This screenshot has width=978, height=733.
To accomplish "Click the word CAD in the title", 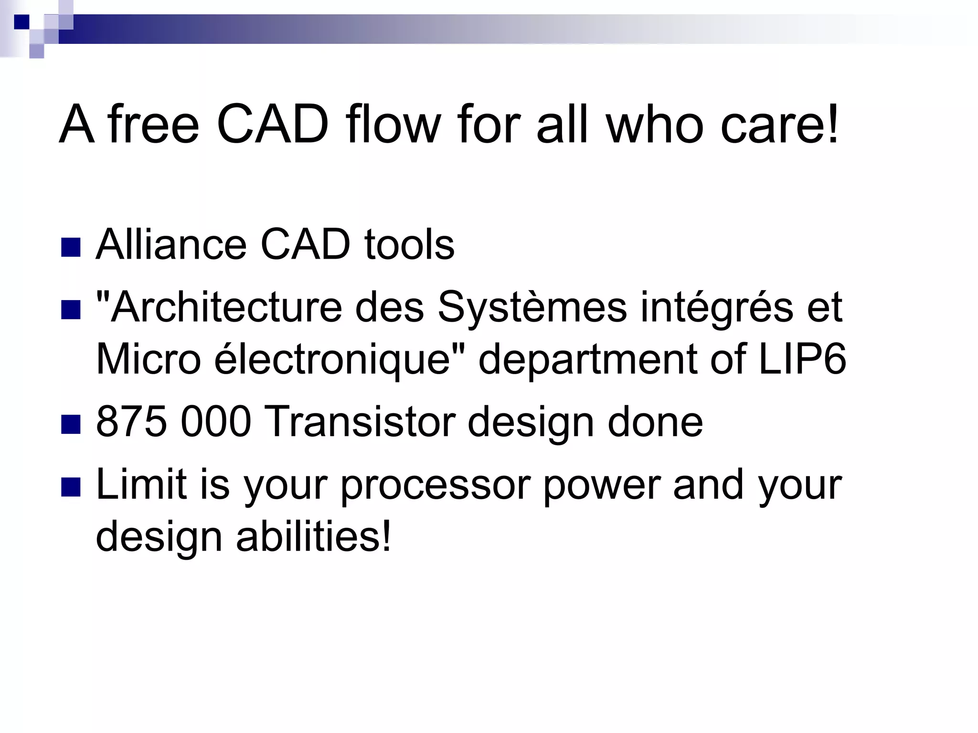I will [273, 125].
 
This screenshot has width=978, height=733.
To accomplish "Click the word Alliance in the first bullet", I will [171, 245].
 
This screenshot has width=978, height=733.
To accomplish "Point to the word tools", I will [409, 245].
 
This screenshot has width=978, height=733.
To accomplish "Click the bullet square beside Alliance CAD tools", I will [71, 247].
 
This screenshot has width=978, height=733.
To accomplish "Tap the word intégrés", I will [716, 307].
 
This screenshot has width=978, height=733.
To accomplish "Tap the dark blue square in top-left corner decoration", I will [21, 22].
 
